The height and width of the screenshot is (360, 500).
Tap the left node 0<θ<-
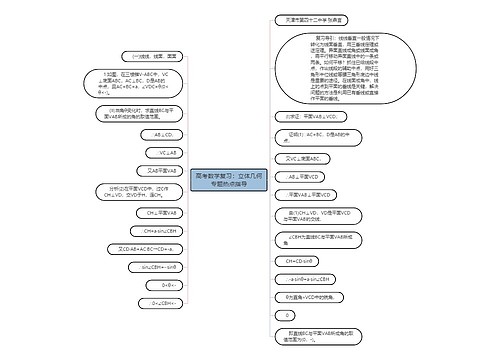165,285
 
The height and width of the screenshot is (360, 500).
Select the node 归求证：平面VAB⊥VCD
300,144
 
